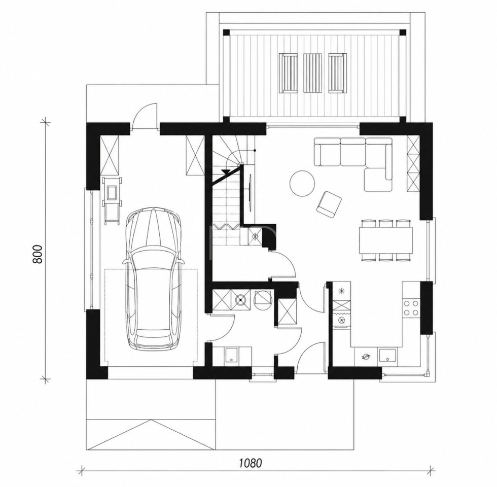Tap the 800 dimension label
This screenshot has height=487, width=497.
(38, 254)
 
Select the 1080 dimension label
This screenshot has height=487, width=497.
(251, 463)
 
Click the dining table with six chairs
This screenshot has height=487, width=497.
(386, 240)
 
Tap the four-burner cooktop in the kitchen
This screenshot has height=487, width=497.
(411, 307)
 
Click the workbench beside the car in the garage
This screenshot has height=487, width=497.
(111, 201)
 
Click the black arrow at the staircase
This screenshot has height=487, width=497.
(226, 172)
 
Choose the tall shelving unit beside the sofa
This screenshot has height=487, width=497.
(413, 163)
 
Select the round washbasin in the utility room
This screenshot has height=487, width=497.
(241, 299)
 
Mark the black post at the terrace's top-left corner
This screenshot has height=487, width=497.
(226, 32)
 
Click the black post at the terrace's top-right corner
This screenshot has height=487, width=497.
(403, 32)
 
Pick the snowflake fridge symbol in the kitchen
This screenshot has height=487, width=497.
(342, 290)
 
